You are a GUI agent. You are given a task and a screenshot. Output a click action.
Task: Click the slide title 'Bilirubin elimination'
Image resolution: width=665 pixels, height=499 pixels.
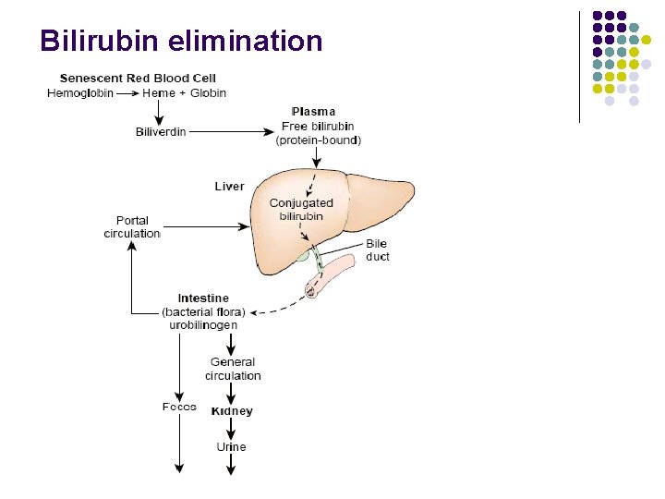[x=181, y=42]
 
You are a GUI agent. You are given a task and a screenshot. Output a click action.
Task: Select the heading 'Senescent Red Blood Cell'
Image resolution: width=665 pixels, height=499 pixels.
[x=138, y=79]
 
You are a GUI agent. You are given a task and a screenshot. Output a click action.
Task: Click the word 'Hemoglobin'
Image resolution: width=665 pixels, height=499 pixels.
[x=79, y=92]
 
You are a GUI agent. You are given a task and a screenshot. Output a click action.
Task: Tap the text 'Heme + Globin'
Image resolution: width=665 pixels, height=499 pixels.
[x=184, y=92]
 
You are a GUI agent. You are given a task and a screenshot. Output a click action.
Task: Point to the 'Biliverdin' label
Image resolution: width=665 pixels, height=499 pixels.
[x=161, y=132]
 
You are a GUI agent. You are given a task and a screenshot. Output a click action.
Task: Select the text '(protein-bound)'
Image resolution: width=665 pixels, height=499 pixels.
[x=319, y=140]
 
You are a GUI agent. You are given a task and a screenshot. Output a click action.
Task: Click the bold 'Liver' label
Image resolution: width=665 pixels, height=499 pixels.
[x=229, y=187]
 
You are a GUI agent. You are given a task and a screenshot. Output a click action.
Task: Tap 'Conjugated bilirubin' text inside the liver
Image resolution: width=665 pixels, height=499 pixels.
[x=301, y=209]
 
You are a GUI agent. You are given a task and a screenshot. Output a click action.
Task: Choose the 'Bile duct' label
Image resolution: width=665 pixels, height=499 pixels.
[x=377, y=249]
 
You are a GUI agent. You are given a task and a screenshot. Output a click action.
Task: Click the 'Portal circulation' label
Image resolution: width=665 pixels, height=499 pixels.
[x=132, y=227]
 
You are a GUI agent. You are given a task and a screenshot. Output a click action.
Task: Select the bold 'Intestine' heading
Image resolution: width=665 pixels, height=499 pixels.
[x=203, y=298]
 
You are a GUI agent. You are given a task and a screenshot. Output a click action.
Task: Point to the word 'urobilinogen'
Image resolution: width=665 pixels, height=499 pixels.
[x=203, y=325]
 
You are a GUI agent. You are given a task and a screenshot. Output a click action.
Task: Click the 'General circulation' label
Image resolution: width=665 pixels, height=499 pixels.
[x=233, y=369]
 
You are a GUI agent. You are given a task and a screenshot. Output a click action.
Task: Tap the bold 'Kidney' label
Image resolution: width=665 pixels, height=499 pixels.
[x=232, y=411]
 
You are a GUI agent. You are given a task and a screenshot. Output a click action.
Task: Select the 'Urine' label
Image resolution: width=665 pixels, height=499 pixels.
[x=231, y=447]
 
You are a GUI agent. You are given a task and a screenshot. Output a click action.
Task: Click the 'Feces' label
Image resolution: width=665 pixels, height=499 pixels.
[x=179, y=407]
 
